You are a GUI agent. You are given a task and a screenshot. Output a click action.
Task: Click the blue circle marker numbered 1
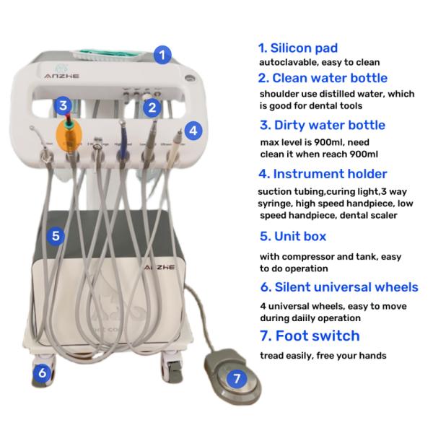(x=164, y=53)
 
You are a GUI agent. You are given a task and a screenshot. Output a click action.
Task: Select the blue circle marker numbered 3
(x=64, y=106)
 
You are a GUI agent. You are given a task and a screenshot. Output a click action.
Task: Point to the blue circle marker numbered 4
(x=191, y=131)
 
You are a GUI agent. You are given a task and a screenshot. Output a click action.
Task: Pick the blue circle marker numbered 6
(x=43, y=373)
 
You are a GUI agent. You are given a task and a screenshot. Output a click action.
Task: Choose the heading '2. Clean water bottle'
(x=323, y=78)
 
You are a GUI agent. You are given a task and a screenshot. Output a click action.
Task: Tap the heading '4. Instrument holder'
(x=323, y=174)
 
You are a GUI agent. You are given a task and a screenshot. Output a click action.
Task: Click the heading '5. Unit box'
(x=292, y=236)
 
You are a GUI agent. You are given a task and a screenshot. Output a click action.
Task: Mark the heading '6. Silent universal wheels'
(x=338, y=287)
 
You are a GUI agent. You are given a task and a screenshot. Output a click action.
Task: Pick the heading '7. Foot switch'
(x=309, y=336)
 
